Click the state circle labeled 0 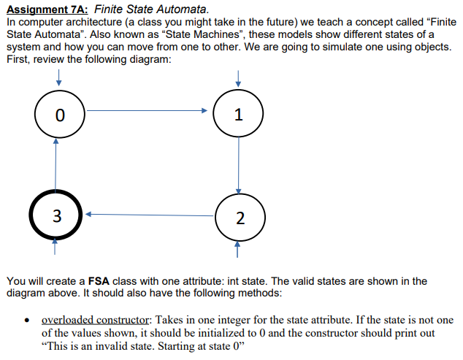click(60, 115)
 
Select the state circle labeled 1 click(237, 115)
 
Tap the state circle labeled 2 click(237, 218)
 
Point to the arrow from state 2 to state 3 click(150, 215)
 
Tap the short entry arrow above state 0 click(58, 78)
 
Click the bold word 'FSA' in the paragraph click(99, 280)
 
